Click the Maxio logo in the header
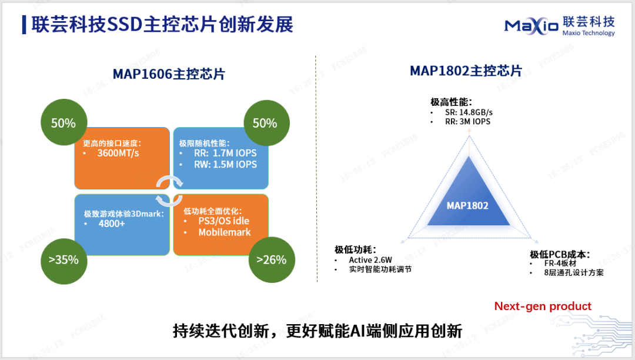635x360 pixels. pos(532,26)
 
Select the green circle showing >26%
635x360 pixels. pos(272,259)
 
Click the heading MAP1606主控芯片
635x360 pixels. pos(169,74)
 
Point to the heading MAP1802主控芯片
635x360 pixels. pos(466,71)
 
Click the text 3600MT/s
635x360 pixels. pos(118,153)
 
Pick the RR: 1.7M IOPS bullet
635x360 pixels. pos(225,153)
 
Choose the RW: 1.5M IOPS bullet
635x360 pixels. pos(225,164)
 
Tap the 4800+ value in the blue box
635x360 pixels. pos(112,224)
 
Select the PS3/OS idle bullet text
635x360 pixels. pos(223,221)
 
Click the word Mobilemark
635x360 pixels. pos(225,232)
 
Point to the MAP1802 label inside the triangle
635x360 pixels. pos(467,206)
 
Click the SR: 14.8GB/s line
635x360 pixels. pos(469,112)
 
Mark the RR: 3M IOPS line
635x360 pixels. pos(468,122)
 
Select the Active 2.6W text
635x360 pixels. pos(370,260)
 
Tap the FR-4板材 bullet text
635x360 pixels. pos(560,263)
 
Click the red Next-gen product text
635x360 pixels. pos(543,306)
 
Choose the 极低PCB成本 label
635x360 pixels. pos(560,254)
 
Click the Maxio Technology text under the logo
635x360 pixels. pos(589,33)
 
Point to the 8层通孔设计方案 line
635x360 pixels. pos(573,272)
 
